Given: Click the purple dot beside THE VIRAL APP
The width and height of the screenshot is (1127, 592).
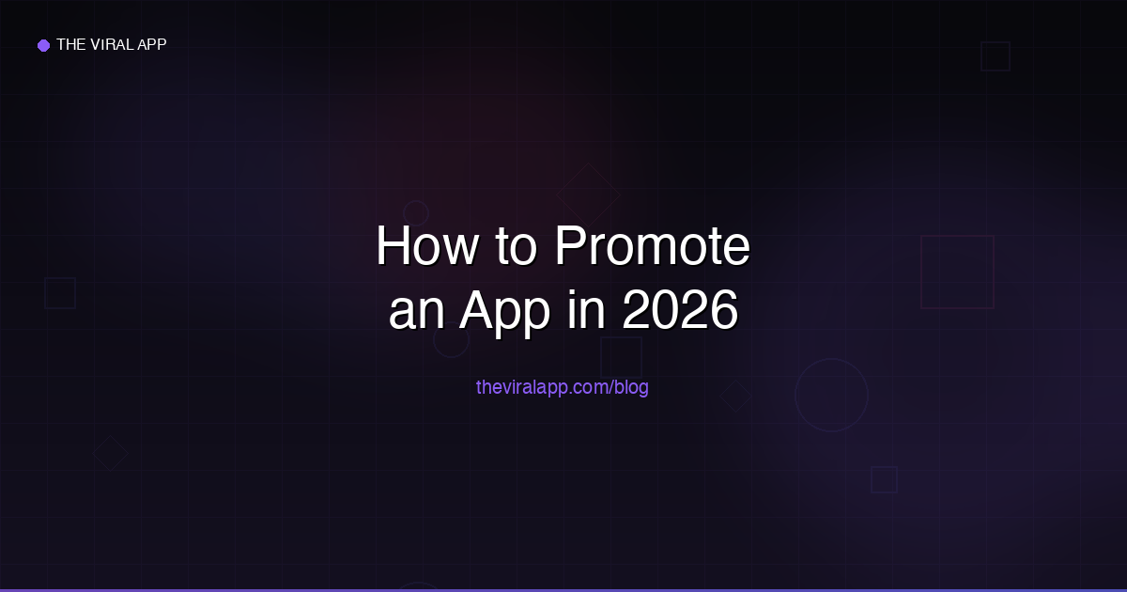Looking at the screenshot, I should [x=43, y=45].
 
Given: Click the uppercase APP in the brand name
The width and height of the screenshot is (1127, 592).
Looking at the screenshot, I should [x=152, y=44].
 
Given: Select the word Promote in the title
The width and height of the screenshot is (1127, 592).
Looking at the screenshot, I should [x=652, y=248].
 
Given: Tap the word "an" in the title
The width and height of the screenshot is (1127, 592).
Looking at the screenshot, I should [x=416, y=312].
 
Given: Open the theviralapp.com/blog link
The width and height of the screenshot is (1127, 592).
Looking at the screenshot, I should [x=562, y=386].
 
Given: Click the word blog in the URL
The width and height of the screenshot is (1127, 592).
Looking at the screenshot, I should [x=631, y=386].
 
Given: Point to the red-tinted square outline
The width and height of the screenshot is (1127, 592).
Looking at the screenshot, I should [x=957, y=272].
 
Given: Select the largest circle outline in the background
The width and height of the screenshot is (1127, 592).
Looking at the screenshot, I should [x=831, y=395].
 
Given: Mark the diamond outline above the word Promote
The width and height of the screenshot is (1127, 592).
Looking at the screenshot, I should [x=589, y=195].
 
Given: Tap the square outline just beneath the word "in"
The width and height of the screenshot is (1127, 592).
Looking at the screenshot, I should [x=621, y=357].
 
